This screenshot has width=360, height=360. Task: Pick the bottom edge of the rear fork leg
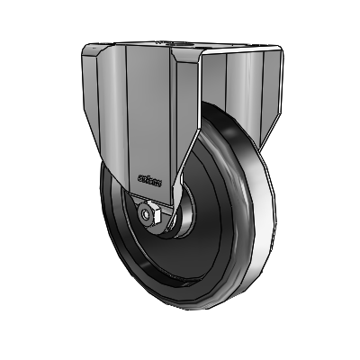[x=265, y=144]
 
